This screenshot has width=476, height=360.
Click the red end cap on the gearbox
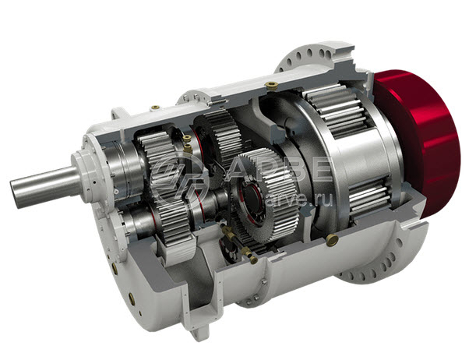[x=422, y=143]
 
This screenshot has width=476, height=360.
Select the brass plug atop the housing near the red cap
[x=271, y=85]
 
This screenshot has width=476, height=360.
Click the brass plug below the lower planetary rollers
[x=332, y=239]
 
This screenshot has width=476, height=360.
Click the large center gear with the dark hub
[x=263, y=194]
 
